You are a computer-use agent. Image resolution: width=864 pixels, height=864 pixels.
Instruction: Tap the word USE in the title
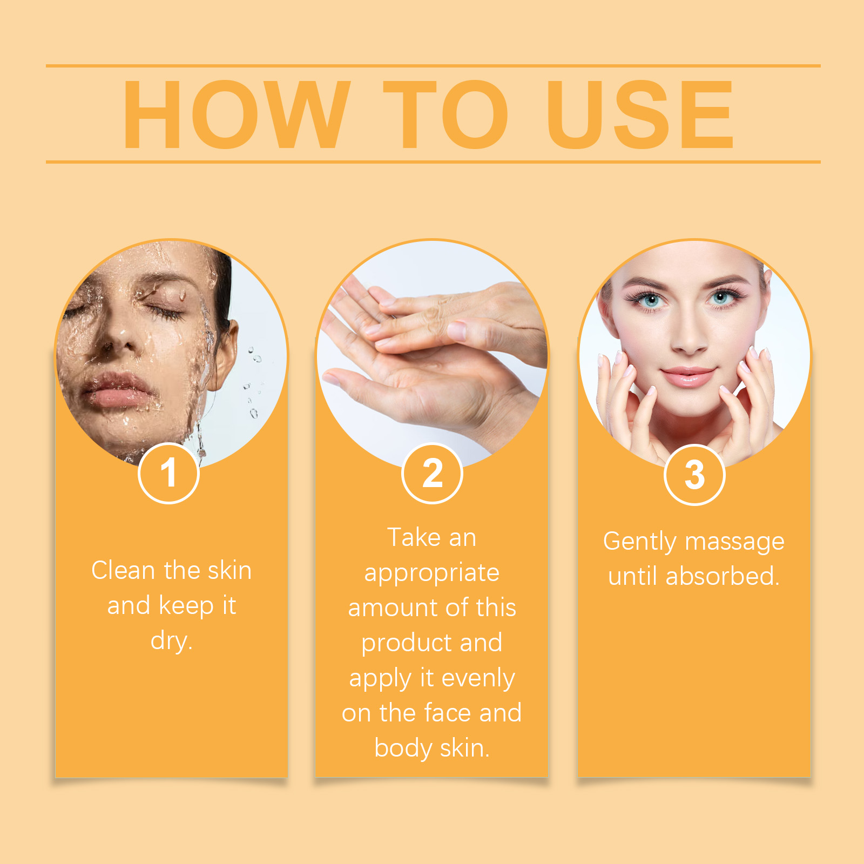[640, 114]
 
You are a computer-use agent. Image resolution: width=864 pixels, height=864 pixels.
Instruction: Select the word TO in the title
[446, 114]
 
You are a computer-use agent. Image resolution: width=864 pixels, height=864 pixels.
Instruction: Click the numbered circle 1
[169, 473]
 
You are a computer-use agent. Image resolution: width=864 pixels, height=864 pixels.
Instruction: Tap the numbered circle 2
[433, 473]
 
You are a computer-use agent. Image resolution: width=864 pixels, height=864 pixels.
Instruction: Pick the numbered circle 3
[694, 475]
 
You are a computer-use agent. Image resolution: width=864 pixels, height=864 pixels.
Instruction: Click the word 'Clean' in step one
[124, 571]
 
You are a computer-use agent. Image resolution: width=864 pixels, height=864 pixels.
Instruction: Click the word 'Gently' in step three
[640, 542]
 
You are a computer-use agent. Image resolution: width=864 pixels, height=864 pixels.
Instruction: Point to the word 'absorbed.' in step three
[723, 576]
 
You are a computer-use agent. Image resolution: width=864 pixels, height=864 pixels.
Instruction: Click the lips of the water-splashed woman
[118, 390]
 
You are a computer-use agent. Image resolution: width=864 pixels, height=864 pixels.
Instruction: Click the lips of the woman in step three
[688, 376]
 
